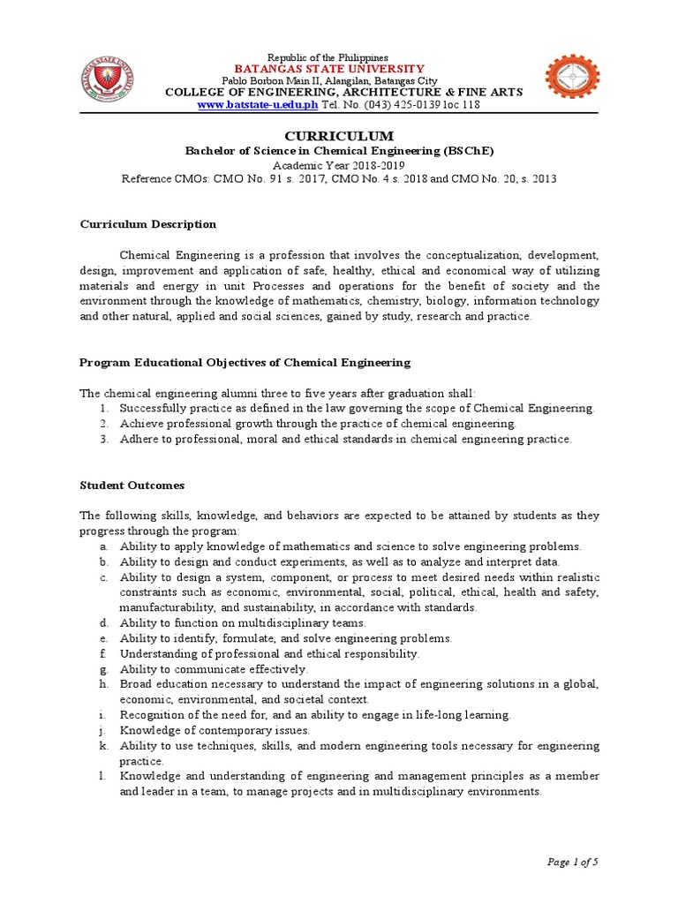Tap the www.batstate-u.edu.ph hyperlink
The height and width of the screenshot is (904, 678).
(x=257, y=104)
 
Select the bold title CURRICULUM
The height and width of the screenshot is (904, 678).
(x=339, y=136)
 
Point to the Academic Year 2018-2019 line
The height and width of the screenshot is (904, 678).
(x=339, y=165)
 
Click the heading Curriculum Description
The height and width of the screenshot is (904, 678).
(x=147, y=224)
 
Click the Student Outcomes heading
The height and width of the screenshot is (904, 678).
(x=132, y=486)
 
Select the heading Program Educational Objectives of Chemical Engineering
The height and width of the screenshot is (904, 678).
(x=245, y=362)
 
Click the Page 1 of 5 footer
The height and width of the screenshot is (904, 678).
(x=573, y=862)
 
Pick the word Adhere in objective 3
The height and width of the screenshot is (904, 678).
(x=138, y=439)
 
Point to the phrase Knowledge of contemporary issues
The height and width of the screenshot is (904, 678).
(x=215, y=730)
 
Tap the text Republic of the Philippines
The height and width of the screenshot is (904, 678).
(x=339, y=56)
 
